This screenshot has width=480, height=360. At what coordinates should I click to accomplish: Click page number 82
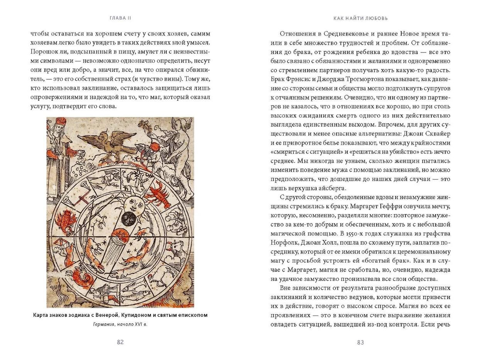120,342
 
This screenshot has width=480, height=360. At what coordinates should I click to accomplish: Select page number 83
360,342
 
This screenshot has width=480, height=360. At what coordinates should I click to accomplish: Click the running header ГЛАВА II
120,18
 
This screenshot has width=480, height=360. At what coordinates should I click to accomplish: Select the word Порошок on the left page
43,51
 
